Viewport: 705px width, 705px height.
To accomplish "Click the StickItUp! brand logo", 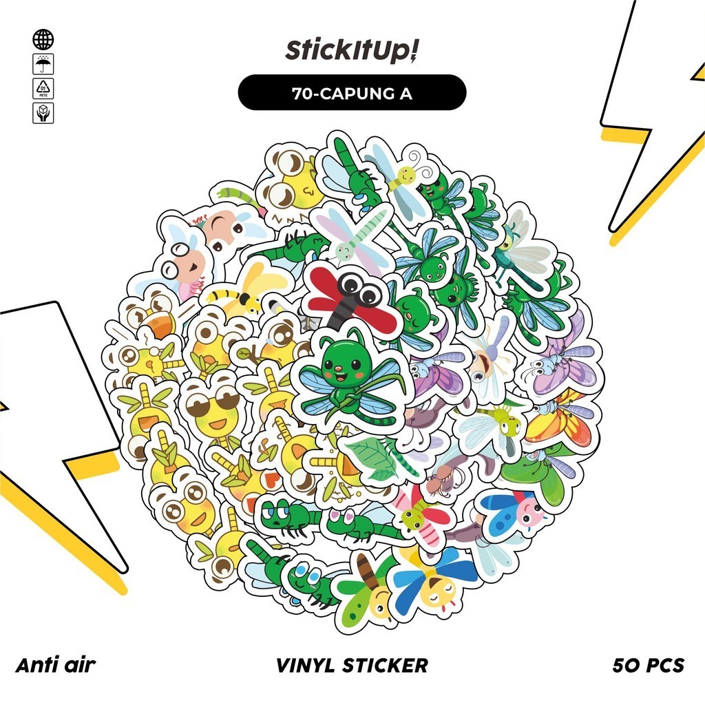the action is [x=352, y=51].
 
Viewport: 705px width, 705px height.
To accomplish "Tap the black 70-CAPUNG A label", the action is [x=352, y=93].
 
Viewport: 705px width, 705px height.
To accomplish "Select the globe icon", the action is [x=43, y=39].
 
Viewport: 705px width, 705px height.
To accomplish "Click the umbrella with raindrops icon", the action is [x=43, y=65].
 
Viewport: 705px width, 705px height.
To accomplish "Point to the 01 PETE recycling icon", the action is [x=43, y=89].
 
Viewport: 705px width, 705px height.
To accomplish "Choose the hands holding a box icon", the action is [x=43, y=113].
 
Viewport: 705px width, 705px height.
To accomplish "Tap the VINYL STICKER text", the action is [x=352, y=665].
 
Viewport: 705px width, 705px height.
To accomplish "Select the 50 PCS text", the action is [x=648, y=665].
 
